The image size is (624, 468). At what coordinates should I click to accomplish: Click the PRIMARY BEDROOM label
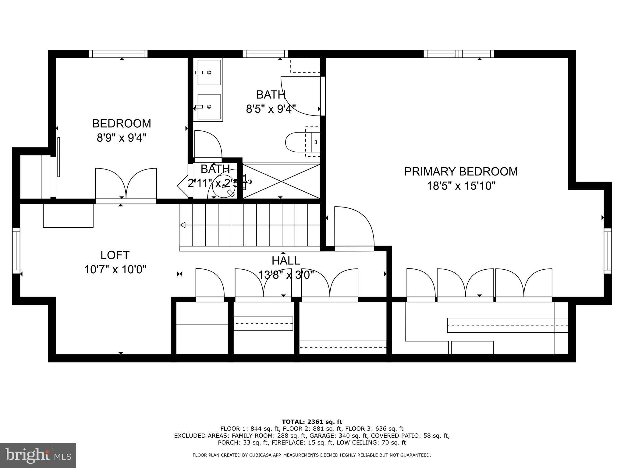click(x=461, y=172)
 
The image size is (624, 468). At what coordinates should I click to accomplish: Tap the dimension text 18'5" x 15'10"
click(x=461, y=186)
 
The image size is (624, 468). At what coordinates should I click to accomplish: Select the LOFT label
click(x=115, y=255)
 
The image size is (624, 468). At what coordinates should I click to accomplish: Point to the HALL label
click(x=285, y=261)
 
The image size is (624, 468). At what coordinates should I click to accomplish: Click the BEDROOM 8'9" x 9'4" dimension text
click(x=122, y=138)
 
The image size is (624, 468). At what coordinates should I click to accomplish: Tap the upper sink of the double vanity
click(x=209, y=73)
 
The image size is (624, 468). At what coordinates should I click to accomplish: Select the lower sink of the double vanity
click(x=209, y=107)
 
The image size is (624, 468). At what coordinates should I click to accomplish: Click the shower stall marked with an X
click(x=281, y=181)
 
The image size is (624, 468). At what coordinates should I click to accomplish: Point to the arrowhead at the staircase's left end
click(x=183, y=225)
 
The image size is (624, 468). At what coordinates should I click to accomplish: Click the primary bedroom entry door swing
click(x=353, y=227)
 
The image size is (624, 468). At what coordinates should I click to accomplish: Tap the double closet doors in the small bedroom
click(x=126, y=184)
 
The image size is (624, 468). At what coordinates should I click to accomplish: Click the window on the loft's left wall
click(x=16, y=250)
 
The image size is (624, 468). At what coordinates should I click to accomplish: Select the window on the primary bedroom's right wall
click(x=608, y=250)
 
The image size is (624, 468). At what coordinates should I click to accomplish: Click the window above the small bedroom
click(x=118, y=54)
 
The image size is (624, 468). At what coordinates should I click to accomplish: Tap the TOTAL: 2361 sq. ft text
click(x=312, y=422)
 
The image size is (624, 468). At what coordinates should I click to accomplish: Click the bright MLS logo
click(x=38, y=456)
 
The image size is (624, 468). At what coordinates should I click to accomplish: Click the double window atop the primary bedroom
click(x=459, y=54)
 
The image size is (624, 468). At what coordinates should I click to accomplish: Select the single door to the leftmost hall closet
click(x=210, y=283)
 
